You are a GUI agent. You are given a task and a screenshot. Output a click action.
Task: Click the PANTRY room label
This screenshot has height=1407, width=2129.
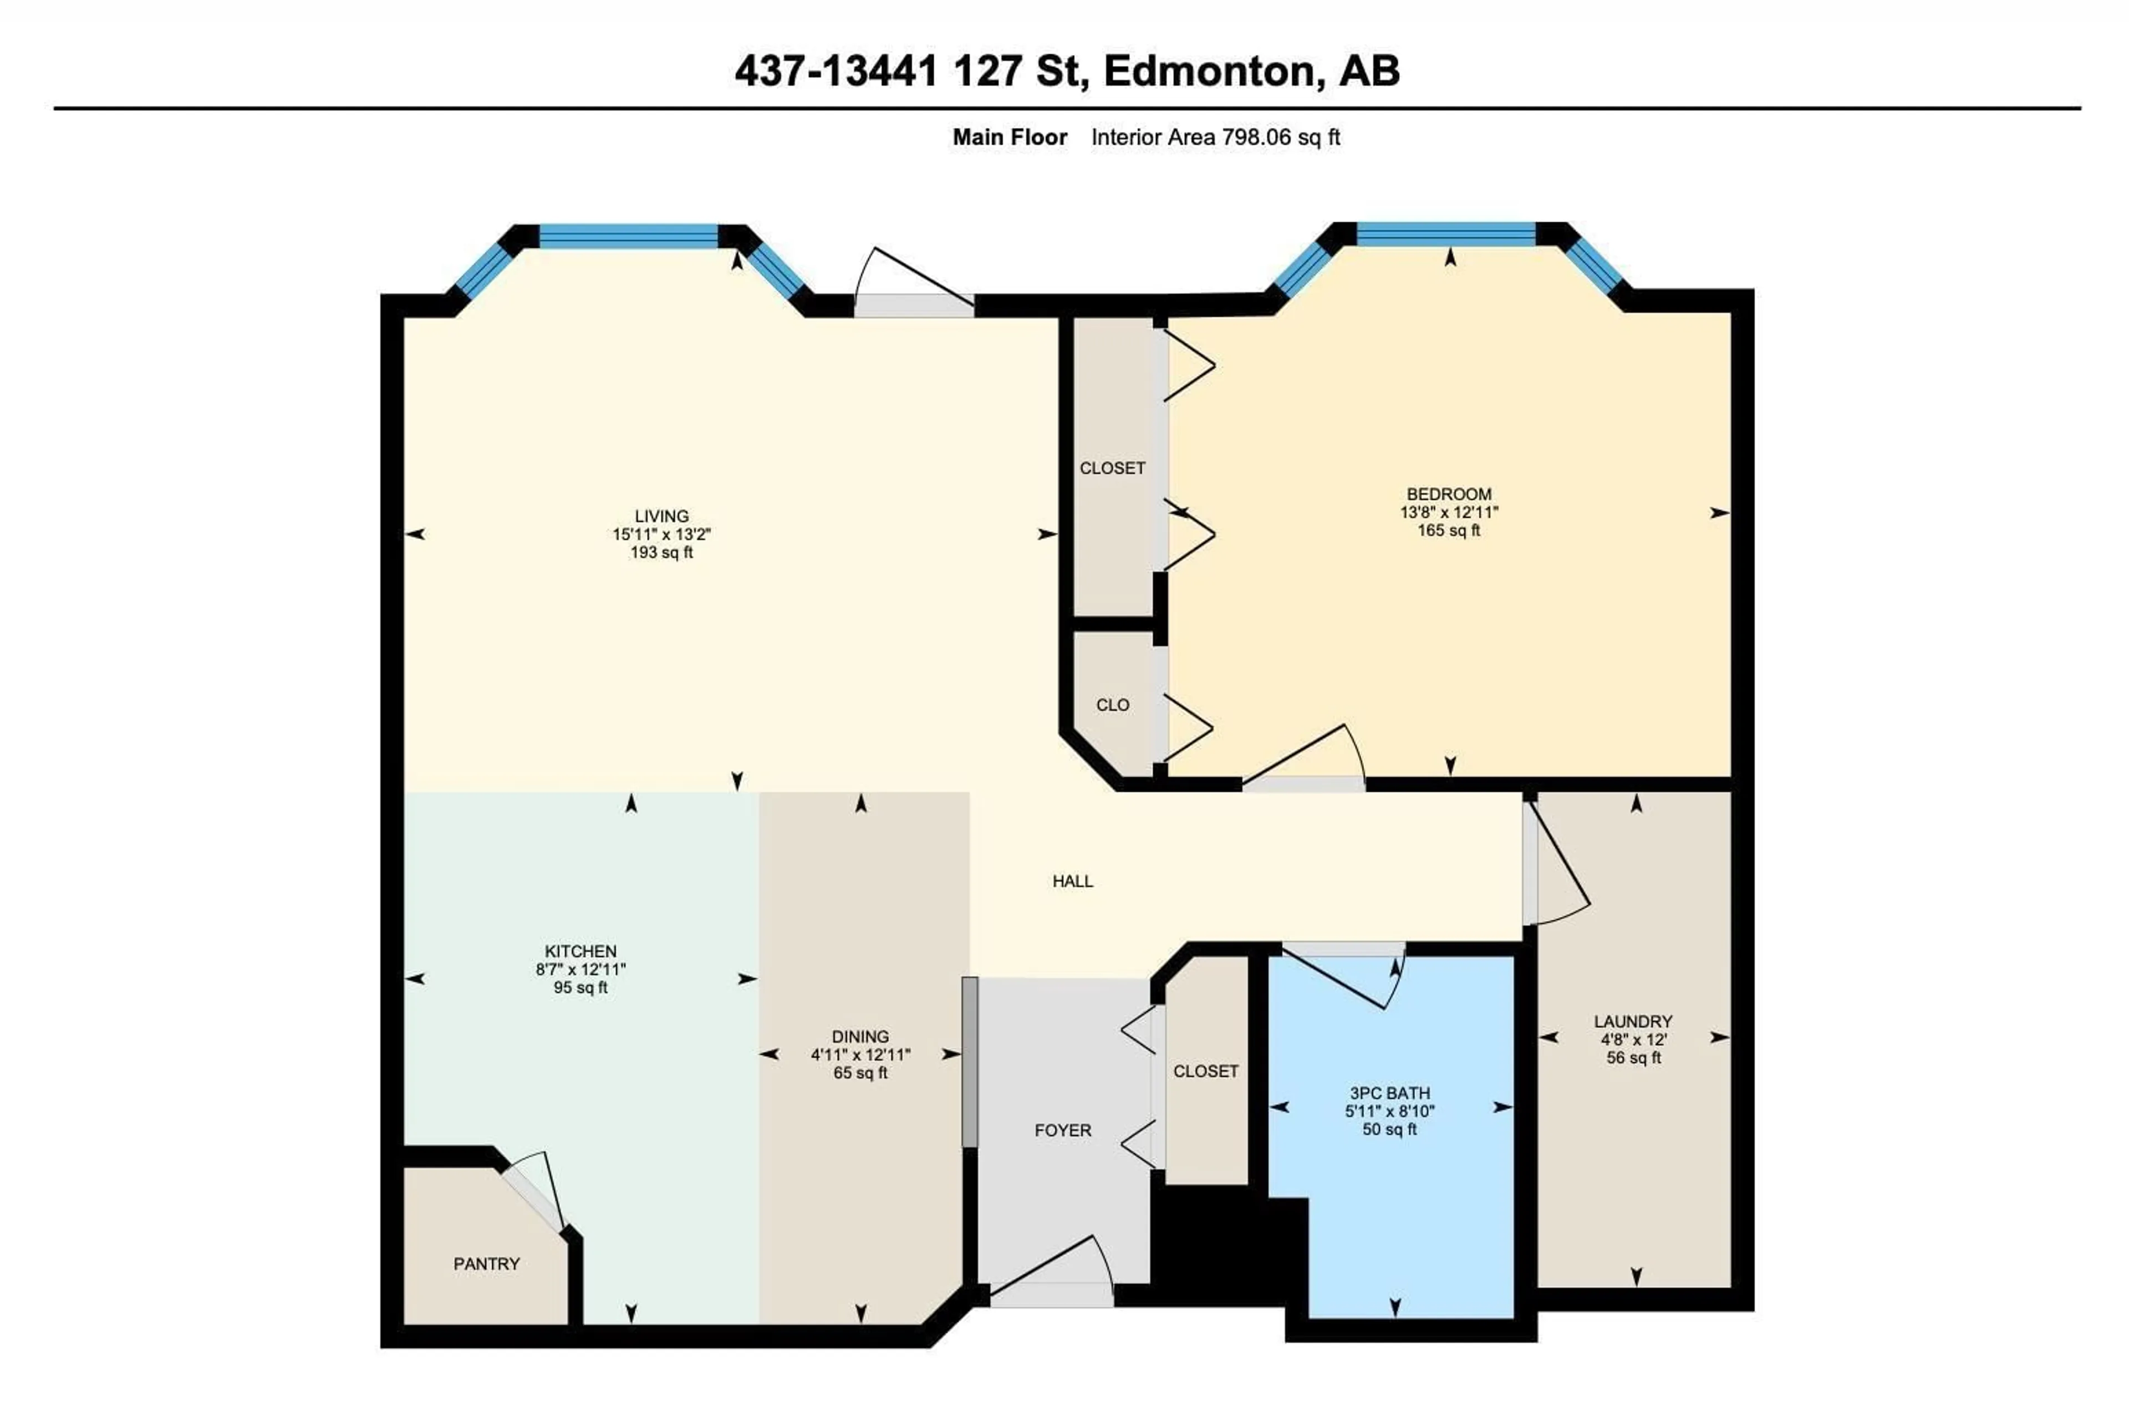[486, 1263]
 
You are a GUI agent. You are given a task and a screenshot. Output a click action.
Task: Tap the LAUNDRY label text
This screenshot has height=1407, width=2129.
[1633, 1021]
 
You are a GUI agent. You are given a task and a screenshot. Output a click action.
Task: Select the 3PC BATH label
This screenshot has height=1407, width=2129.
[1390, 1093]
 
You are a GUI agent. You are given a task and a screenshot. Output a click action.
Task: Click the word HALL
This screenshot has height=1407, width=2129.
[1072, 881]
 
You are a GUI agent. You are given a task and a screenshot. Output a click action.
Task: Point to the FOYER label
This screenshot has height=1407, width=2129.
[1063, 1130]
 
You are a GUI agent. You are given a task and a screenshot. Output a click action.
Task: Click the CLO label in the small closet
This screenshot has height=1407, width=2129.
[1113, 705]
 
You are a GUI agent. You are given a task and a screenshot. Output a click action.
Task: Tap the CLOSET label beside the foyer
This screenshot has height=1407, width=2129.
[1206, 1072]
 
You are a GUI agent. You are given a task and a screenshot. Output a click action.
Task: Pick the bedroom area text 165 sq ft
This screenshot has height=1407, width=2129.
[1449, 531]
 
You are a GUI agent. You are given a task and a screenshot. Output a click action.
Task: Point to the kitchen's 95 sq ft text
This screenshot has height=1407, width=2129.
[580, 988]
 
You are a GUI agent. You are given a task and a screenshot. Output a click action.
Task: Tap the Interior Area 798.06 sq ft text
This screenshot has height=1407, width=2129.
[1216, 137]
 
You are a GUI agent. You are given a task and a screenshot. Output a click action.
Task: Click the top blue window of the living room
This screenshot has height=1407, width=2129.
[629, 236]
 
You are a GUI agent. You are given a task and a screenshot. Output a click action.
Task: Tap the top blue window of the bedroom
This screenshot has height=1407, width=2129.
[1447, 234]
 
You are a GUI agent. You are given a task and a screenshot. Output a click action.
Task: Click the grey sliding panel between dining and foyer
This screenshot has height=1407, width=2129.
[970, 1062]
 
